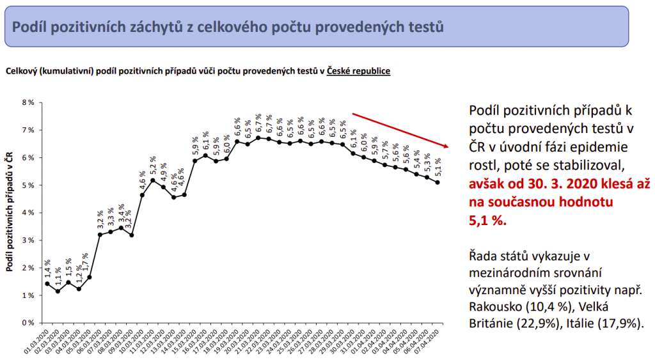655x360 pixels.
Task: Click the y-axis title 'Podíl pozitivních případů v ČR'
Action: pos(10,212)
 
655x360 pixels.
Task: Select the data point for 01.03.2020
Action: pos(47,284)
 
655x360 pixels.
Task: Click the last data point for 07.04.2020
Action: pos(437,182)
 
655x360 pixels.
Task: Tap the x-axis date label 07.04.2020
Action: pos(429,341)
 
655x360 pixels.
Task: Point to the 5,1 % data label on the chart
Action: pos(438,167)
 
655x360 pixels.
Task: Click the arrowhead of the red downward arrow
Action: pos(446,146)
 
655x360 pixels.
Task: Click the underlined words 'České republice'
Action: pos(358,70)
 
